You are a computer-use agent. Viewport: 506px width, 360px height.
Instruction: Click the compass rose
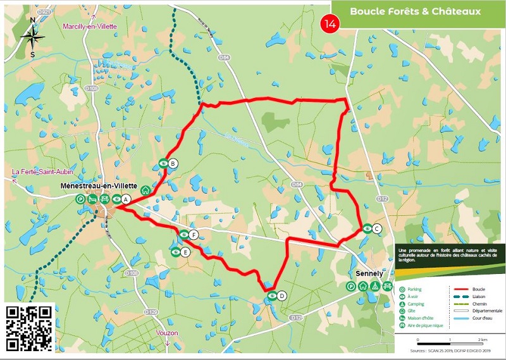[32, 37]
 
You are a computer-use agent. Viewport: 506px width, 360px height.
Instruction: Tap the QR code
[30, 327]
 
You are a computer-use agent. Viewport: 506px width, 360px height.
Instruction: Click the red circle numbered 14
[330, 23]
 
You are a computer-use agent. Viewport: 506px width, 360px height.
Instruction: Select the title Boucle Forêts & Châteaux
[416, 11]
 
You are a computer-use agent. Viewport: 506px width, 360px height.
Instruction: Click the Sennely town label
[369, 273]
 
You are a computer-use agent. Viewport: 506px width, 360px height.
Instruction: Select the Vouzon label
[166, 333]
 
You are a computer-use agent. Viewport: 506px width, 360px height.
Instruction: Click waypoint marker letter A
[125, 199]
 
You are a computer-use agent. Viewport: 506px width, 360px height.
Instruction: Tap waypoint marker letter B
[173, 163]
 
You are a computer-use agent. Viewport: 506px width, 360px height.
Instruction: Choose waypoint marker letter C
[377, 229]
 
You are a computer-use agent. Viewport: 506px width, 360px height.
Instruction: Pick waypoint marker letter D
[281, 295]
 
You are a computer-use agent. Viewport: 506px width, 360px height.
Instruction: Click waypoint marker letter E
[185, 252]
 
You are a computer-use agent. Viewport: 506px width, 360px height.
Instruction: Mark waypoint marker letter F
[194, 235]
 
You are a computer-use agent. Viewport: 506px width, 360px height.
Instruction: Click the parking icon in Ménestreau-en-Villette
[81, 199]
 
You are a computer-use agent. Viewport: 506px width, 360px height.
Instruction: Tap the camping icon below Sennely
[376, 286]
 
